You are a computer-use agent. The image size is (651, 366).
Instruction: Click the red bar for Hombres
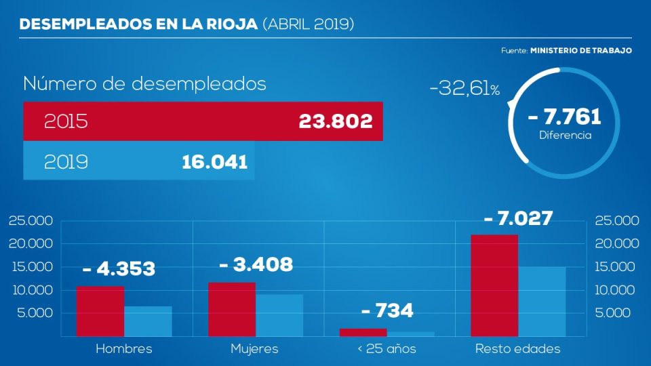100,311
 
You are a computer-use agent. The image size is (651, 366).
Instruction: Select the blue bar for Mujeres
279,315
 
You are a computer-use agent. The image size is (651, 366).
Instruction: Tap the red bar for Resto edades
494,285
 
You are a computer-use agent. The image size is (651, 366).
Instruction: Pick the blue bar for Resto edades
542,302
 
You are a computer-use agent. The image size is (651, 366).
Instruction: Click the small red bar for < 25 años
363,332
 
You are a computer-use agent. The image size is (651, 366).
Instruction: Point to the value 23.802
336,122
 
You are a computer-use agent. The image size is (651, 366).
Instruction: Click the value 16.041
214,162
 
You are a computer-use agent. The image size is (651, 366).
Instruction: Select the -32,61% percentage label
464,89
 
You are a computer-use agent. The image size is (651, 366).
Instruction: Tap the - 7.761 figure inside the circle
565,117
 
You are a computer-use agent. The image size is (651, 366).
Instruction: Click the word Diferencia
565,136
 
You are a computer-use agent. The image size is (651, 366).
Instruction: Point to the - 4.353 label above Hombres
119,268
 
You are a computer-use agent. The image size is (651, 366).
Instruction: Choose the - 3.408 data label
256,264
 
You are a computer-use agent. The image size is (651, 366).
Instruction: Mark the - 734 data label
387,311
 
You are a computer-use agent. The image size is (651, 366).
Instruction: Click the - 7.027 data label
519,219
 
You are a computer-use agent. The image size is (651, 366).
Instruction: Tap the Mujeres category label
254,349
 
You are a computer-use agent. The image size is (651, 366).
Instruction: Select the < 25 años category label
387,349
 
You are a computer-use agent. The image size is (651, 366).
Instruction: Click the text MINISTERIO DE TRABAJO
581,51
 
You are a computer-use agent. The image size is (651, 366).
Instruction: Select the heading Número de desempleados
144,85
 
